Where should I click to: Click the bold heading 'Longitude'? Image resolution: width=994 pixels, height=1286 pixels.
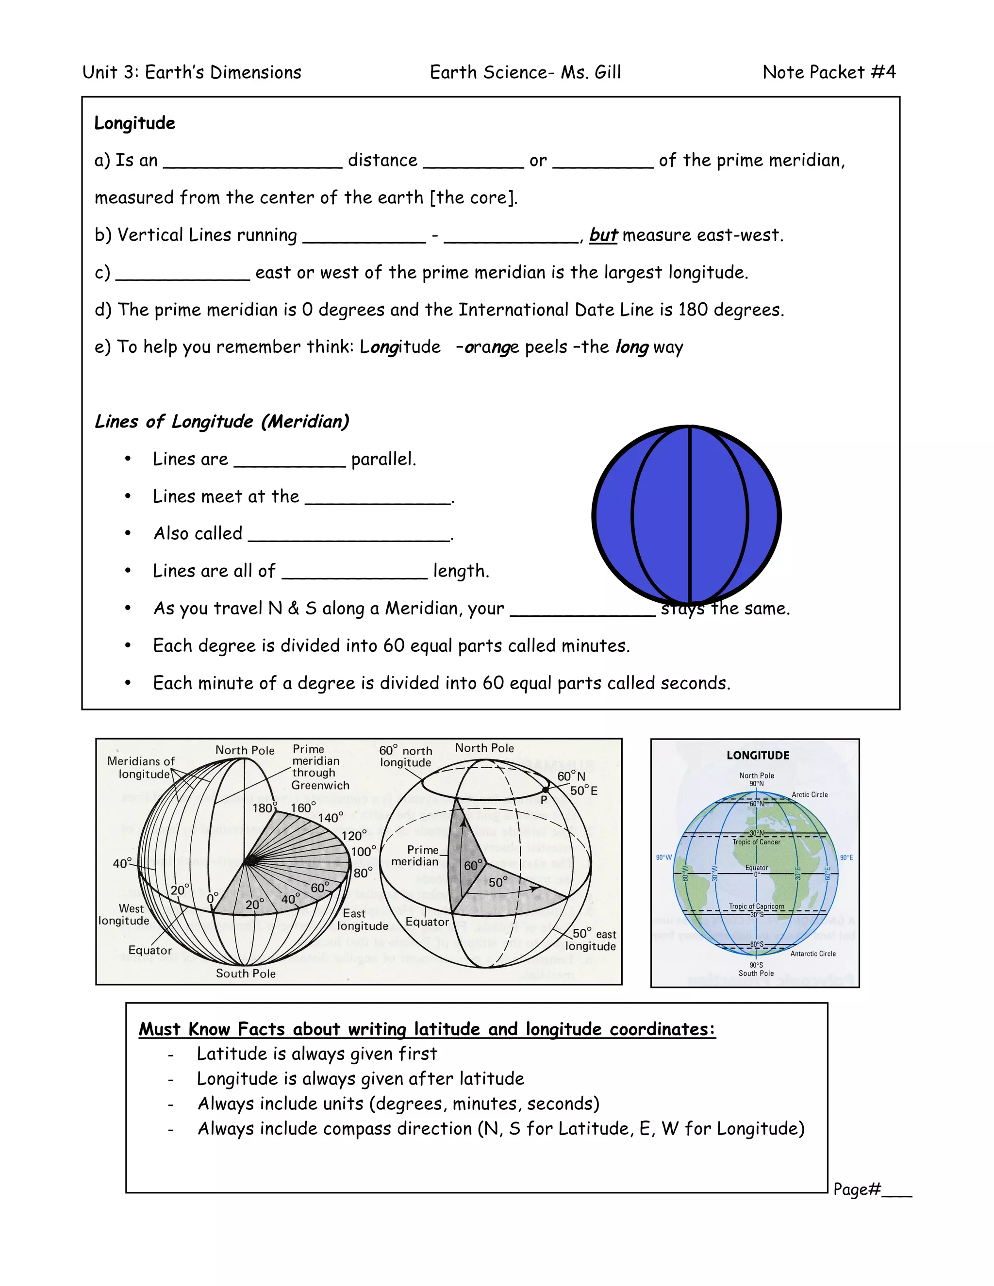135,123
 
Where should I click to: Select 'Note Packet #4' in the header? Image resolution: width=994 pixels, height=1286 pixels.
828,72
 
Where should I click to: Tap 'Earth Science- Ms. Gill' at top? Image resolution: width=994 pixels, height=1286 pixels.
525,72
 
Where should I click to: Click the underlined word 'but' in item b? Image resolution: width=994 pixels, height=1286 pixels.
603,235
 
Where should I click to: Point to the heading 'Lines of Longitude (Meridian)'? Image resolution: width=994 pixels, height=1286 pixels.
222,422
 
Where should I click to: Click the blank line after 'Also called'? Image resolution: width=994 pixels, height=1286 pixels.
349,536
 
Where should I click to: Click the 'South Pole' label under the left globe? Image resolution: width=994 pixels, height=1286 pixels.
246,973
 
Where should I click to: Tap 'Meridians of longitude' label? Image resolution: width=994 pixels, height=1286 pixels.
141,767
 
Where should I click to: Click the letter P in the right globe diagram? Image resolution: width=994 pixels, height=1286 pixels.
544,800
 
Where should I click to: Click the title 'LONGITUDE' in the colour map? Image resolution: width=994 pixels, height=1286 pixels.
757,756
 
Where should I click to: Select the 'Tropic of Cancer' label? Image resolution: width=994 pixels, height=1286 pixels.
756,842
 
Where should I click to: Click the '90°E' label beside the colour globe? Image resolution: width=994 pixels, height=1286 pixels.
846,857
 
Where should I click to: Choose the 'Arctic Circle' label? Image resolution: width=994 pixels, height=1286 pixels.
810,794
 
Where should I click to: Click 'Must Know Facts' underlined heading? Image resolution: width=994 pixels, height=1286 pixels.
427,1029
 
